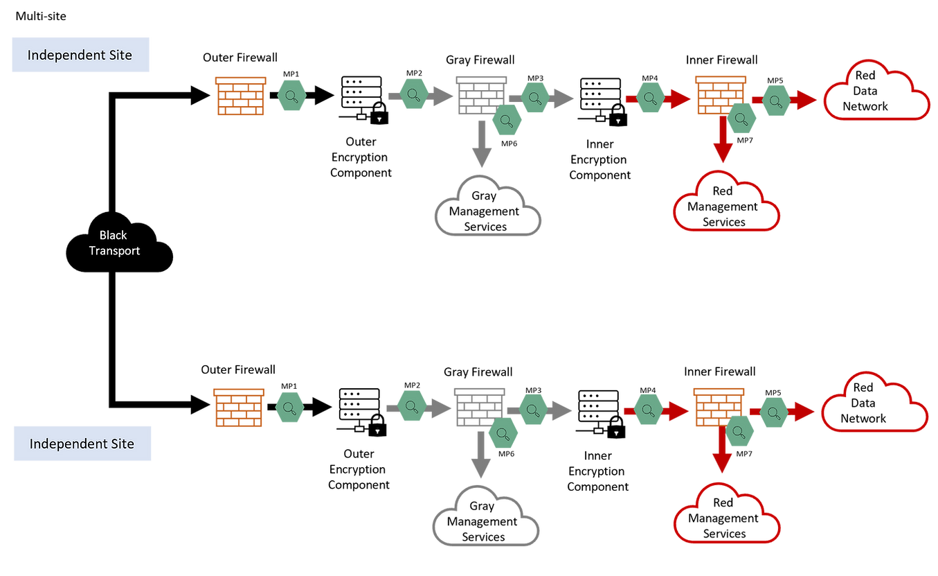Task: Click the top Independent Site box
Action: tap(80, 55)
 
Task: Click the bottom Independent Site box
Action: tap(82, 444)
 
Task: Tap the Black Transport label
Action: tap(114, 243)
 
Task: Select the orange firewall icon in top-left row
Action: tap(240, 96)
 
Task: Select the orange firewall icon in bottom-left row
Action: tap(238, 408)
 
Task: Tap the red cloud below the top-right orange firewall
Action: tap(726, 202)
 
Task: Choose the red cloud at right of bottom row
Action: tap(875, 404)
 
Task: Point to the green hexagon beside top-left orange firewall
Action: tap(291, 94)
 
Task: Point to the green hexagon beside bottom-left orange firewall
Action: tap(290, 407)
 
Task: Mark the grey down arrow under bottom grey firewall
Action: tap(479, 457)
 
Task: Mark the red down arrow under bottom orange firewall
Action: tap(721, 454)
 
